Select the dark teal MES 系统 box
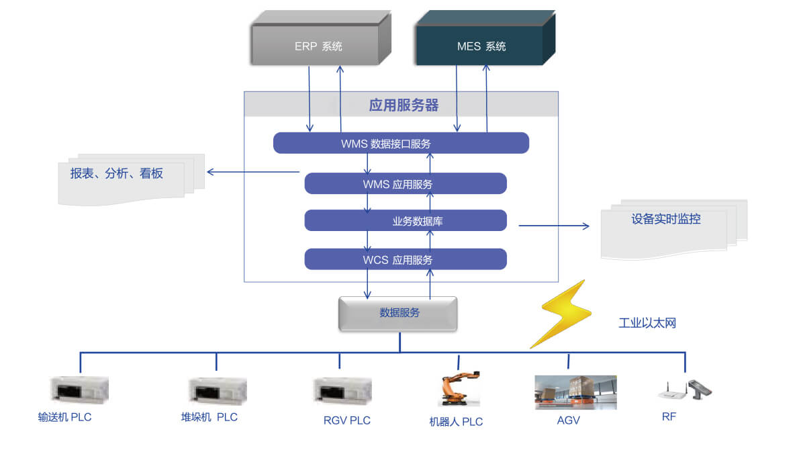pos(481,46)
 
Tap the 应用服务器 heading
pos(403,105)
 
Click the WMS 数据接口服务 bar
pos(401,143)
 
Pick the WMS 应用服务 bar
pos(405,184)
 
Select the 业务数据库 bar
pos(405,220)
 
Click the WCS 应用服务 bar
pos(405,259)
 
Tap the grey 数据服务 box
pos(398,313)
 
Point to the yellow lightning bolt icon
pos(561,314)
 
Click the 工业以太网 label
pos(647,323)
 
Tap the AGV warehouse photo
pos(575,392)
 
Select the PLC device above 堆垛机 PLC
pos(217,390)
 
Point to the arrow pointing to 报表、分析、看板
pos(252,172)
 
